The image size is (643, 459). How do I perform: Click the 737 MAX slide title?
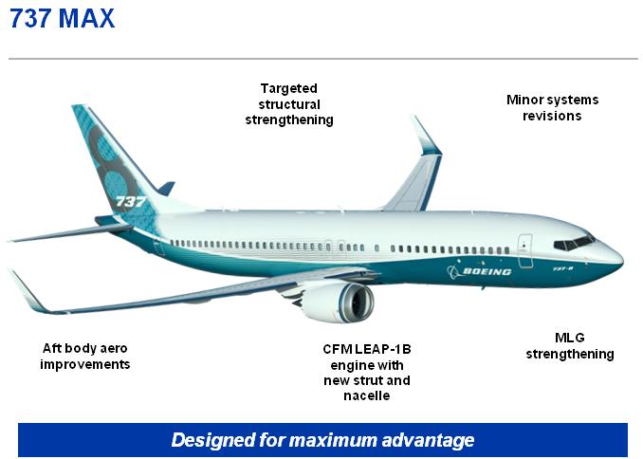(x=62, y=18)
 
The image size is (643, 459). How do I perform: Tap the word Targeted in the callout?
(x=289, y=88)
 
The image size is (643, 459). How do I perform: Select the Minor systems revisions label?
(x=552, y=107)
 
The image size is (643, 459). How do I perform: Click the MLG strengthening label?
(x=570, y=346)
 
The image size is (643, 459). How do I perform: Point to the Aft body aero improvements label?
(x=85, y=356)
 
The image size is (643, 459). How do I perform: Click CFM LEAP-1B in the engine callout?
(x=367, y=349)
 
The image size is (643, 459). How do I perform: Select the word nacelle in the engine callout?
(x=367, y=395)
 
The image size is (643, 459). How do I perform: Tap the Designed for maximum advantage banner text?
(x=322, y=440)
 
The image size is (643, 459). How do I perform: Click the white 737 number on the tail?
(x=131, y=201)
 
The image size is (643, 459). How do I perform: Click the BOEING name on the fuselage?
(x=487, y=271)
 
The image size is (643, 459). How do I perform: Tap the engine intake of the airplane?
(x=356, y=303)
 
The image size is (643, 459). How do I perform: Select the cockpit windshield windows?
(x=574, y=243)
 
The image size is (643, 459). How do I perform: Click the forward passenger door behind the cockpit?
(x=524, y=251)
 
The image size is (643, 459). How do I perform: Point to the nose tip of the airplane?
(x=623, y=260)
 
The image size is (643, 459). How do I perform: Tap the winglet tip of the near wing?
(x=10, y=271)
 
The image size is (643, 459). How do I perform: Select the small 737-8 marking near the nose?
(x=562, y=269)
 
